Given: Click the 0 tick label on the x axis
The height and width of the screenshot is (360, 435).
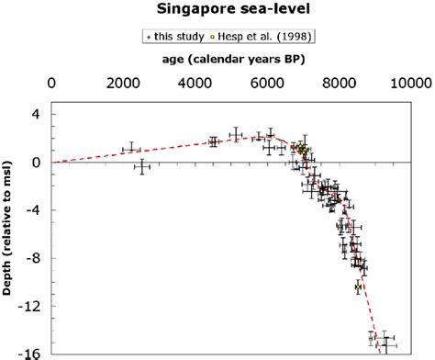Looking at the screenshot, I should coord(51,82).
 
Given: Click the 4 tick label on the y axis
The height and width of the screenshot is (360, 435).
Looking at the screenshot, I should coord(37,115).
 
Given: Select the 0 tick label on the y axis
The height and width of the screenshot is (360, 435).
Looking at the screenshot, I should coord(37,163).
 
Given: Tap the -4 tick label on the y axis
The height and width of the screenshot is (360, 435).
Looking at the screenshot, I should coord(34,210).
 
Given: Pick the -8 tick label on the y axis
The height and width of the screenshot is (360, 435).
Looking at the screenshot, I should coord(34,258).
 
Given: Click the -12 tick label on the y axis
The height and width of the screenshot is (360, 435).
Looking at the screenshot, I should coord(31,306).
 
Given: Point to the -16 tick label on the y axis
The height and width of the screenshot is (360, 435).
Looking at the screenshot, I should coord(31,354).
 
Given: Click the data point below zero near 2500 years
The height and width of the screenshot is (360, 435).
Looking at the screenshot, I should coord(142,166).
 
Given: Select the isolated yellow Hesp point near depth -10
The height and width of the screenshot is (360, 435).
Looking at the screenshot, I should coord(358,287).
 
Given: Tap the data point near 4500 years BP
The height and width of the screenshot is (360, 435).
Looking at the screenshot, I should coord(214,141).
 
